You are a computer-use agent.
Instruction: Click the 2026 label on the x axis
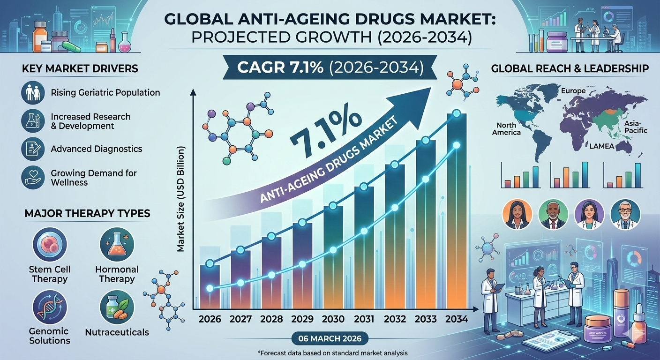210,320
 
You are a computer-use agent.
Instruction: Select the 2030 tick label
333,320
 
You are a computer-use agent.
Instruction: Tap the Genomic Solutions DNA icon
50,307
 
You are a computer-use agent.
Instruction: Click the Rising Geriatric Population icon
33,92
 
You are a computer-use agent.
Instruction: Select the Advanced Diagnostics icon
33,149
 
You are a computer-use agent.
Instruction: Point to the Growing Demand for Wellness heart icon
33,177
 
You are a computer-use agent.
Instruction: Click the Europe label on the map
573,91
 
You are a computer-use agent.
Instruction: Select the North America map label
506,128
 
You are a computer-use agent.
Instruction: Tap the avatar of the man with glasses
625,214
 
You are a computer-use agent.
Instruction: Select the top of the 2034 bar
456,114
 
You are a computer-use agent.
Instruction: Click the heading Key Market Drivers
80,69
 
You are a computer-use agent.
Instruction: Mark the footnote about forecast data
330,352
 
